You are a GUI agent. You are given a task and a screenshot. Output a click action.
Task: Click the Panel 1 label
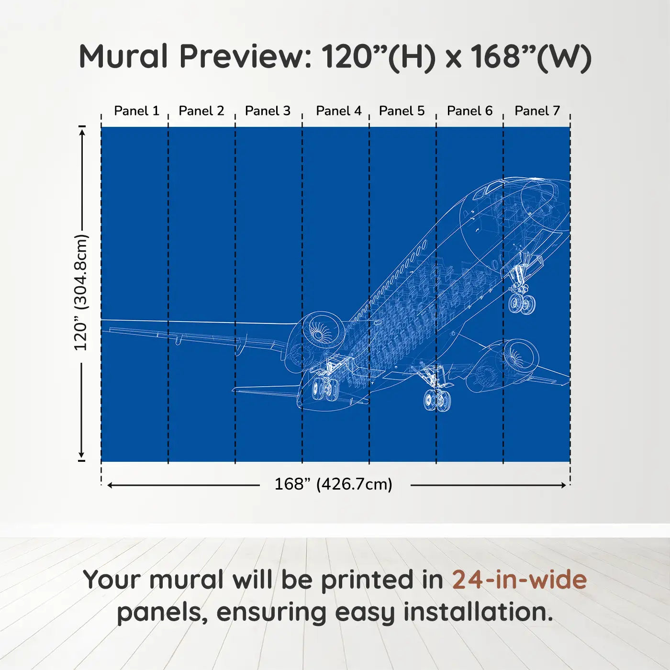click(x=137, y=111)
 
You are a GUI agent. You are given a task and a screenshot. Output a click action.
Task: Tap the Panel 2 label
click(x=201, y=111)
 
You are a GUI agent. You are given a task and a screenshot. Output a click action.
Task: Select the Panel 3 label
click(x=268, y=111)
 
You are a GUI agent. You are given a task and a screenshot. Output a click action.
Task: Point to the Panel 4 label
click(x=339, y=111)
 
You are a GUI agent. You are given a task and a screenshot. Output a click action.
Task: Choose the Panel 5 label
click(x=402, y=111)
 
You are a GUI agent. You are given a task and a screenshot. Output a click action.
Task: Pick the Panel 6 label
click(x=470, y=111)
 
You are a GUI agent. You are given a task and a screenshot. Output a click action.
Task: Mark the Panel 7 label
click(x=537, y=111)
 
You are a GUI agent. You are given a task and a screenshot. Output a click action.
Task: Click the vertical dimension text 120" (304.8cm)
click(x=81, y=292)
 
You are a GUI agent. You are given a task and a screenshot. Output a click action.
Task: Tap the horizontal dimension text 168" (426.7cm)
click(x=334, y=484)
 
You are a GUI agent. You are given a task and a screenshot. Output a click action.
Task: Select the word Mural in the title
click(x=123, y=56)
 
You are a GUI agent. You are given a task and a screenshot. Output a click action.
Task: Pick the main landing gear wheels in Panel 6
click(x=437, y=400)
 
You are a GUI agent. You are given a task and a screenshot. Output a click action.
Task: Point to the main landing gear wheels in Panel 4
click(x=325, y=389)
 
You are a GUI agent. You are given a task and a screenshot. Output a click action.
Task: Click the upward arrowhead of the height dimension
click(x=82, y=132)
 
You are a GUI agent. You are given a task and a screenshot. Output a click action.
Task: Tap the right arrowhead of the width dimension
click(x=564, y=485)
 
